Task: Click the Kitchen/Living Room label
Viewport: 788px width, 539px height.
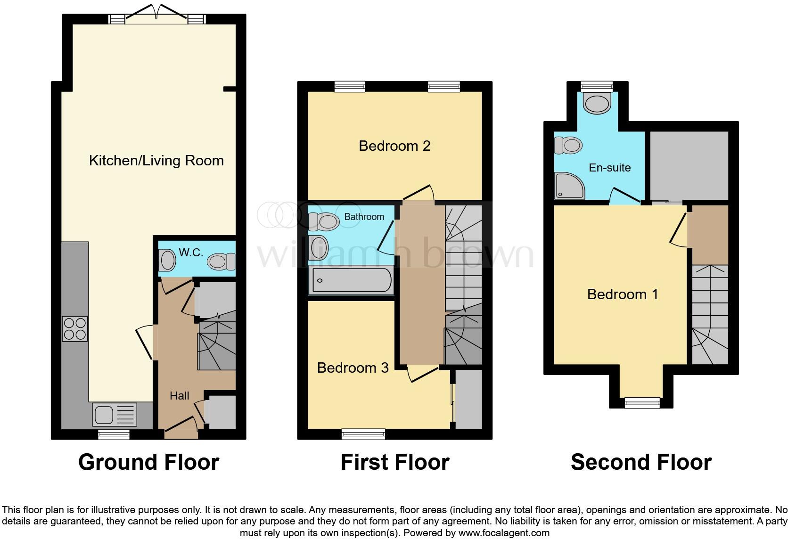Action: click(x=156, y=161)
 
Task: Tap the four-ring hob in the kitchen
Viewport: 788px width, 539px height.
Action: click(x=75, y=328)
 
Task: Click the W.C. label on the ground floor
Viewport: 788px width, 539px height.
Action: click(x=191, y=253)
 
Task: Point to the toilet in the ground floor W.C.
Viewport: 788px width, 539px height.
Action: click(x=222, y=261)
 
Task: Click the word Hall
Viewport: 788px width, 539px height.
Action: click(x=180, y=396)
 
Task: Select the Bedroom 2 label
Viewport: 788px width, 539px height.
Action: click(x=394, y=146)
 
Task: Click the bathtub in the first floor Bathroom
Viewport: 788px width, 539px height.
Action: click(x=351, y=280)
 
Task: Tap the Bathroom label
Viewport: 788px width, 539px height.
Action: click(x=364, y=217)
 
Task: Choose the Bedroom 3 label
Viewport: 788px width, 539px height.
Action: click(x=353, y=367)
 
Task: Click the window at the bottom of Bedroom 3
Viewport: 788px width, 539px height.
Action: click(x=363, y=434)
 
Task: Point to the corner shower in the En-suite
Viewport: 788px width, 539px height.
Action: click(x=569, y=186)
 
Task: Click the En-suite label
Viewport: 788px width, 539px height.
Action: click(x=609, y=168)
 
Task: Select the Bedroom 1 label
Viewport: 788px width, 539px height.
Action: click(x=622, y=294)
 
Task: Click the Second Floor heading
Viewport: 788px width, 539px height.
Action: click(x=641, y=462)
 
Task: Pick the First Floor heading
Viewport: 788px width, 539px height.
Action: click(x=394, y=462)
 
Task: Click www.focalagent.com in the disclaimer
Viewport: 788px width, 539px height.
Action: click(x=504, y=533)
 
